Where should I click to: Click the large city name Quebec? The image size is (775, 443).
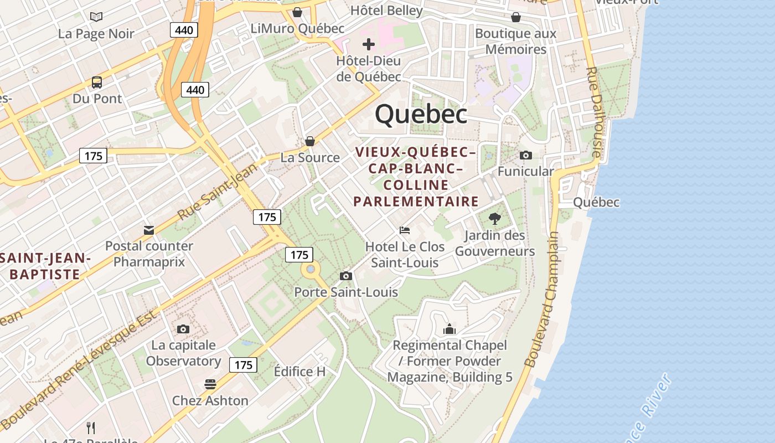421,114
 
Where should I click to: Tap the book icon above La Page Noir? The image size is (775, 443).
96,17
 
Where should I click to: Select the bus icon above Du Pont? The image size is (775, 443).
97,83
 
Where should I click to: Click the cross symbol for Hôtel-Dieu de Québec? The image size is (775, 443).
369,44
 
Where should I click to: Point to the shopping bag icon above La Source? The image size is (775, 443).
310,141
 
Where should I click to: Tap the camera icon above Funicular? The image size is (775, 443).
525,155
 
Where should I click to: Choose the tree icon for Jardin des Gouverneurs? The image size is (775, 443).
495,219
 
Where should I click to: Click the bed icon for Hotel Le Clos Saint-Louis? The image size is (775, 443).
405,230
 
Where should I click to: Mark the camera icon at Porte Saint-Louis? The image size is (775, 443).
346,276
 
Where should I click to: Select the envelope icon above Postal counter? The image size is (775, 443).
149,230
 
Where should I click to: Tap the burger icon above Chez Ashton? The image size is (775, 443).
210,384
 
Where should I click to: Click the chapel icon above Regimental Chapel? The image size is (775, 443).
449,329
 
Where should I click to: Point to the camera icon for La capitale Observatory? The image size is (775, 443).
183,329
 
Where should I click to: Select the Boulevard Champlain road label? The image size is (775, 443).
542,299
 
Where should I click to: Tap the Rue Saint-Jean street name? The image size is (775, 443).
218,190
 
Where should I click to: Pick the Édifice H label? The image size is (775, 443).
299,372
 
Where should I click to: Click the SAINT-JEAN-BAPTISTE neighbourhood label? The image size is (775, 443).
45,266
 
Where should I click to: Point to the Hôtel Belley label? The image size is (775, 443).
386,10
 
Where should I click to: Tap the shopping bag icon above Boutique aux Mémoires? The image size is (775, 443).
516,17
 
